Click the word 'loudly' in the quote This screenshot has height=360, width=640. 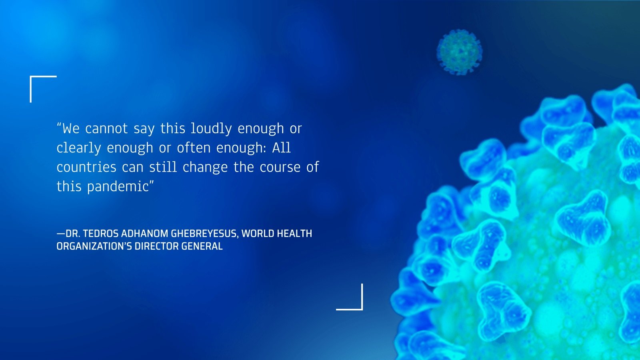point(211,128)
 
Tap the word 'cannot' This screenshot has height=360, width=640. point(106,128)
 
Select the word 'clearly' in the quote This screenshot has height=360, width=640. point(79,148)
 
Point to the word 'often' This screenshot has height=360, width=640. point(194,148)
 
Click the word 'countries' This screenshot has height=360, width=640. point(86,167)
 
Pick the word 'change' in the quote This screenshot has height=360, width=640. point(205,168)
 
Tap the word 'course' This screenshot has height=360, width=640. point(280,168)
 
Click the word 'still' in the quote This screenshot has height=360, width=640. point(163,167)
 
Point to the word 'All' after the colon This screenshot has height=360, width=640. point(282,148)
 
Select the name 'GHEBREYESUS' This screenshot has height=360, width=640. point(204,234)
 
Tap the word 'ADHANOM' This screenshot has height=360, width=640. point(144,234)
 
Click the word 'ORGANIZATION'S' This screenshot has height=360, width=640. point(94,246)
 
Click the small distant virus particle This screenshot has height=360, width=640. point(460,52)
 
